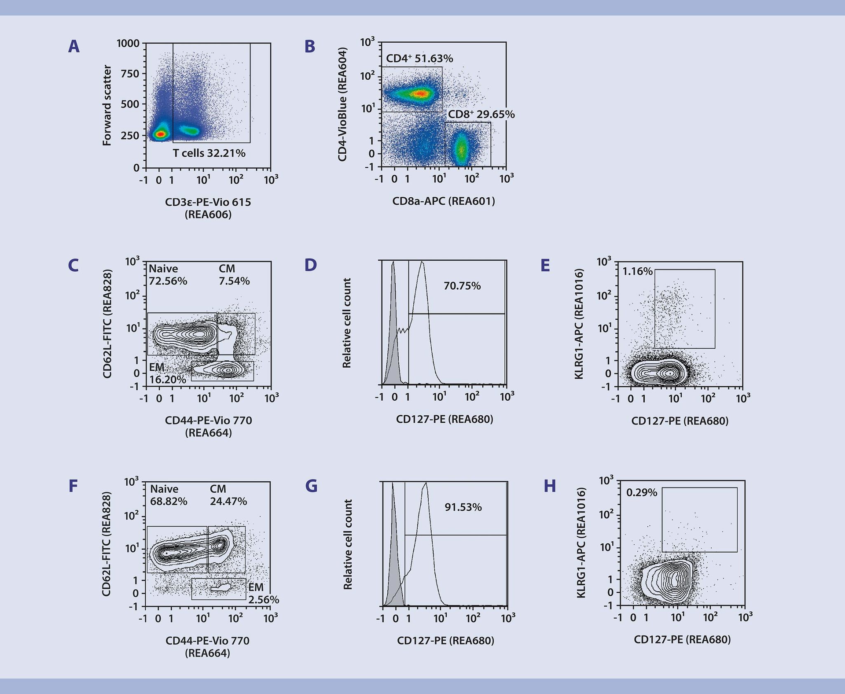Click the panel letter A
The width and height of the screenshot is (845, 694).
click(74, 47)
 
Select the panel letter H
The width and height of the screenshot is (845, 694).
click(550, 486)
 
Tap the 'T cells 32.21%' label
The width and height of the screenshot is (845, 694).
click(209, 153)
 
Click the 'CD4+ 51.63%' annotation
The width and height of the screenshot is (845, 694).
click(419, 59)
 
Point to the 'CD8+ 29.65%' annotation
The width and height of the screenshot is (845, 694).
click(481, 114)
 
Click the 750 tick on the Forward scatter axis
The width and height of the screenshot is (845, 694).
click(130, 74)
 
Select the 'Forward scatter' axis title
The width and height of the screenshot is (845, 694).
click(107, 106)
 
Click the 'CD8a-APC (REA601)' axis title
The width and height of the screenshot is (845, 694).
click(444, 201)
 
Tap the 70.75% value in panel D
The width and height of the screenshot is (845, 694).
click(462, 286)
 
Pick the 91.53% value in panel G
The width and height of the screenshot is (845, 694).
click(463, 507)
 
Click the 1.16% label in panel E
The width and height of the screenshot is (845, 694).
click(637, 272)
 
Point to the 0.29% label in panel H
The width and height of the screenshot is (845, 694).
click(642, 493)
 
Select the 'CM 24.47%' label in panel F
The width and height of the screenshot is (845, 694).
click(228, 495)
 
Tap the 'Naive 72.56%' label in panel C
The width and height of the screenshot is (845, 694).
click(168, 275)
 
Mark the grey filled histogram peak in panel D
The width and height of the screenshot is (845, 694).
click(393, 264)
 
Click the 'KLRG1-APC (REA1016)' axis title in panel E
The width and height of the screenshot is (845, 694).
click(579, 324)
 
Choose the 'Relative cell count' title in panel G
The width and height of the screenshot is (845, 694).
click(348, 544)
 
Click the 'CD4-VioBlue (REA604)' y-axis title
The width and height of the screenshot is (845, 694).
click(342, 104)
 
